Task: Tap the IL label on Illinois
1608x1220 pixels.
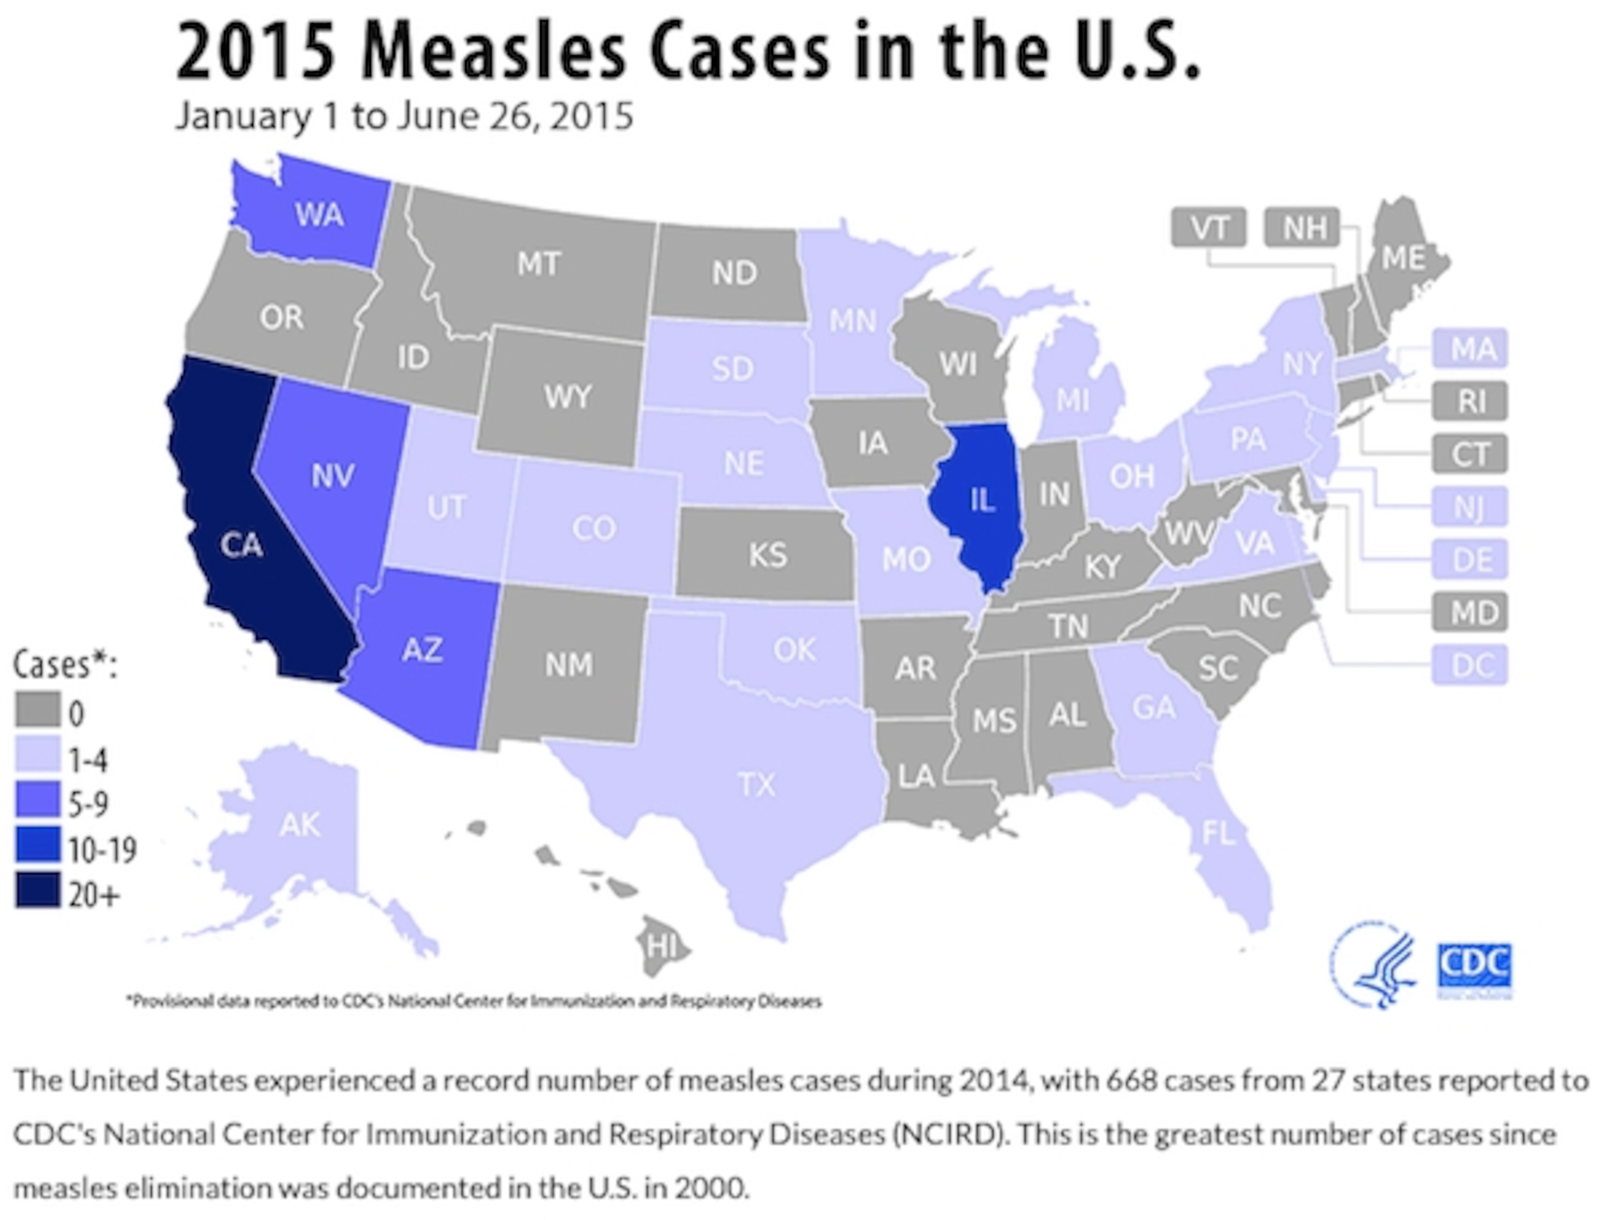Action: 981,500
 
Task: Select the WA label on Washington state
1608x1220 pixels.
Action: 319,215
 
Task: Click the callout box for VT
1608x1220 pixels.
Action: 1208,228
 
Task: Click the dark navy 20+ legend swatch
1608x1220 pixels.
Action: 37,894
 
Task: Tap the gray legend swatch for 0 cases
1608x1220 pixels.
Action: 37,709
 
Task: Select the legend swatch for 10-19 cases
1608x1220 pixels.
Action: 37,848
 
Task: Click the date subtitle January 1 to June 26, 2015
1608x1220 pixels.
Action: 404,116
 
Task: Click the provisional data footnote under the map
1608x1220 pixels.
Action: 474,1001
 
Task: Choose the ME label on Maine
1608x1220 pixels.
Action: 1403,258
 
